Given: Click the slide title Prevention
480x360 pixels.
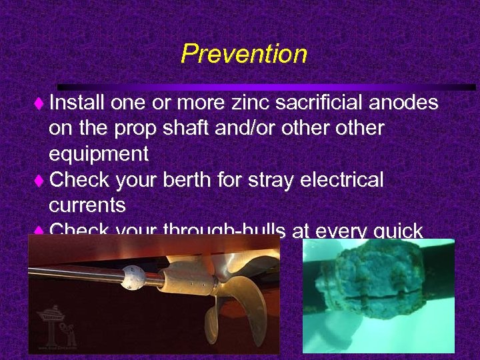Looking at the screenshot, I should [x=243, y=53].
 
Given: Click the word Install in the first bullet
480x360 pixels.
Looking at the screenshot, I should [x=77, y=103].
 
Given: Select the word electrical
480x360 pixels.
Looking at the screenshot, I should [x=345, y=180].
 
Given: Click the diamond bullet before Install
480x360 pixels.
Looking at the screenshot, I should [x=38, y=104].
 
